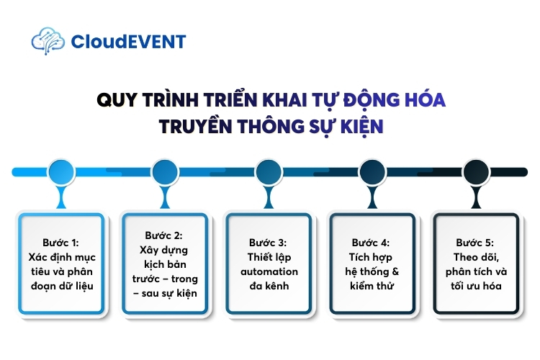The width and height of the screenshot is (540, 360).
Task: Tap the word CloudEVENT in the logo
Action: click(128, 42)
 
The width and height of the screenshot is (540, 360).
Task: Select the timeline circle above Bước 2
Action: click(166, 171)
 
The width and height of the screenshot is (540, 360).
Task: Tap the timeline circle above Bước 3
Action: click(269, 171)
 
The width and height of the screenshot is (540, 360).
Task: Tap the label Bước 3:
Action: click(269, 243)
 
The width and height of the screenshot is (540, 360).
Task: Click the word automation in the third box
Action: click(269, 271)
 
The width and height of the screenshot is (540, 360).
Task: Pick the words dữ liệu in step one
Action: click(83, 286)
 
